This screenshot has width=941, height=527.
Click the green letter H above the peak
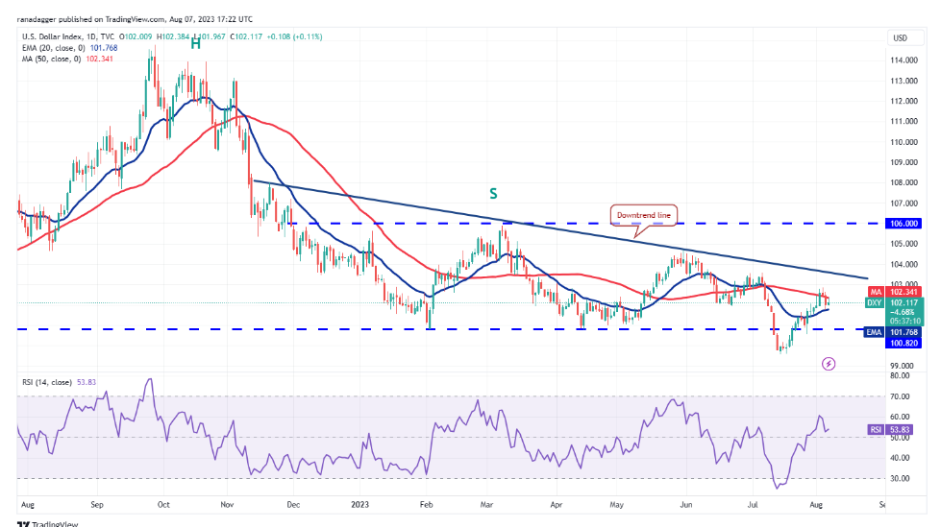[195, 43]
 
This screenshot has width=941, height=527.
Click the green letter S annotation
[493, 193]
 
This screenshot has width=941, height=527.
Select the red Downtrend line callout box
[641, 214]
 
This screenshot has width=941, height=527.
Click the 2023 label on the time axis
[359, 502]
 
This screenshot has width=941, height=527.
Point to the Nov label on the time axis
[228, 502]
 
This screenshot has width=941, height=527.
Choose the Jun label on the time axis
[686, 502]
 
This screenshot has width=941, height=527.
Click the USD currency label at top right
[901, 38]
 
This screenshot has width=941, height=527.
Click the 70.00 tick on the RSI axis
[902, 395]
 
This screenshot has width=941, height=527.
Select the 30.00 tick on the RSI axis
[902, 477]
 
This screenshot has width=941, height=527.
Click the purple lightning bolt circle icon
[829, 364]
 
